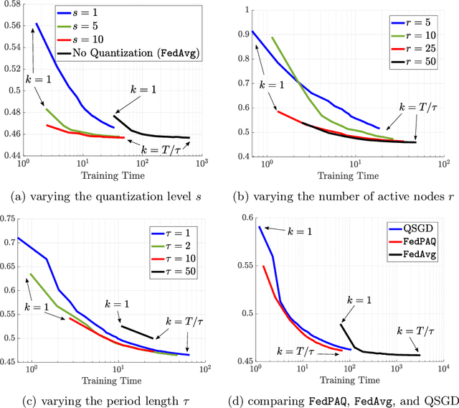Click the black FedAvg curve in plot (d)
[380, 353]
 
